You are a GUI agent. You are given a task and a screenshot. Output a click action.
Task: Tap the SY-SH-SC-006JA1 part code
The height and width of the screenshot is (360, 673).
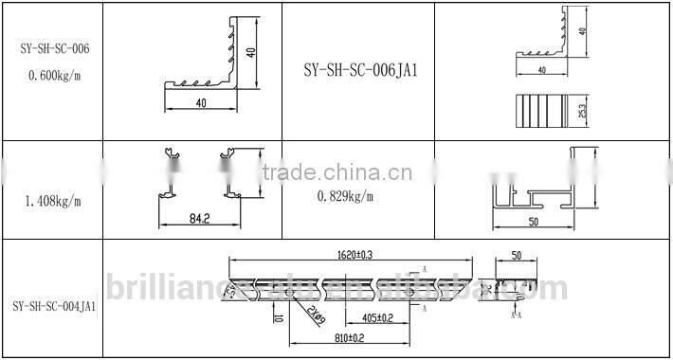click(x=361, y=69)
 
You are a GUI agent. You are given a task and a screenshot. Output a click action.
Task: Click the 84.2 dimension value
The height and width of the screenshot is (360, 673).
click(x=198, y=218)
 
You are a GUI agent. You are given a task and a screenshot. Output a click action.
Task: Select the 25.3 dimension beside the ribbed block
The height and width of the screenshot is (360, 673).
click(x=581, y=112)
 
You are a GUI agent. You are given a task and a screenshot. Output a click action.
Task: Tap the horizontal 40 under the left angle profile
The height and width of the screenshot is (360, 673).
click(x=201, y=101)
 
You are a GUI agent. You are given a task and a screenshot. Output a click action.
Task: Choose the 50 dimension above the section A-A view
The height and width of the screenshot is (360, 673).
click(x=517, y=256)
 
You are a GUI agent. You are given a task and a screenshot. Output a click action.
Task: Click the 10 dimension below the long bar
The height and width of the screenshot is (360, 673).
click(x=278, y=317)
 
